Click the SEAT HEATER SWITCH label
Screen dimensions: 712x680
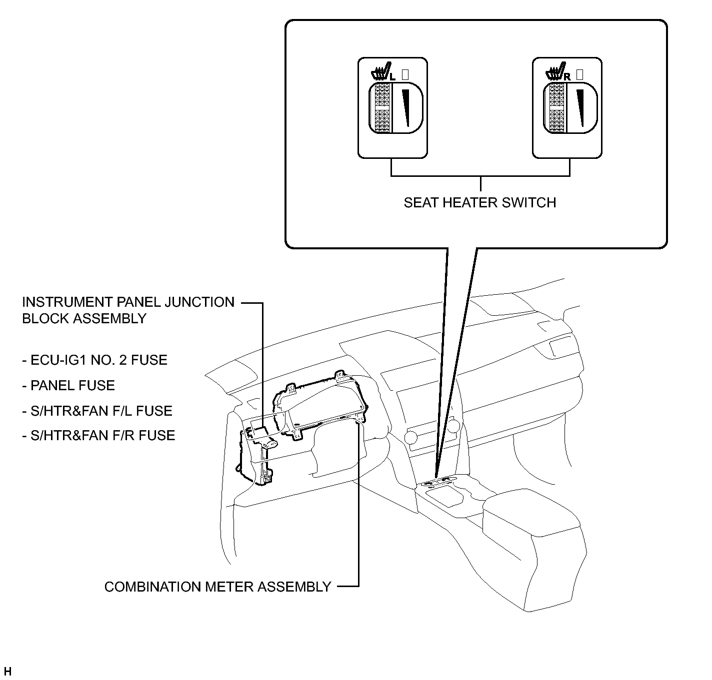(x=479, y=202)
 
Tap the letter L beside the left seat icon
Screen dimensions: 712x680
(x=392, y=77)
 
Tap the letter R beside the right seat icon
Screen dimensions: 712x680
(x=567, y=77)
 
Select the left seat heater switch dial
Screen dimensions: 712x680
(x=395, y=107)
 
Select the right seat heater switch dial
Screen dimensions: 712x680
(x=570, y=107)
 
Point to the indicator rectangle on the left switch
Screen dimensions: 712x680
(x=405, y=74)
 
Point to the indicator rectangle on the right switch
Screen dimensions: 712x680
(x=579, y=74)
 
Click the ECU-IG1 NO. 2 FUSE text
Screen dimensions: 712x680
(x=95, y=360)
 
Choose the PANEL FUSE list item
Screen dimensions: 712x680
(x=68, y=385)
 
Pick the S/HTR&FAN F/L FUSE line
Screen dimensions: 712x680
(x=97, y=411)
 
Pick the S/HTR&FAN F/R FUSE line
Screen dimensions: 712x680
(x=98, y=435)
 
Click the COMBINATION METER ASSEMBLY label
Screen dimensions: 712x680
(x=217, y=587)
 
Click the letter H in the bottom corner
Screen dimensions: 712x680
(x=7, y=671)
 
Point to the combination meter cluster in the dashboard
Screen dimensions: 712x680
(x=320, y=405)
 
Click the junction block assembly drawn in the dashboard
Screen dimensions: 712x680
(x=256, y=453)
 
